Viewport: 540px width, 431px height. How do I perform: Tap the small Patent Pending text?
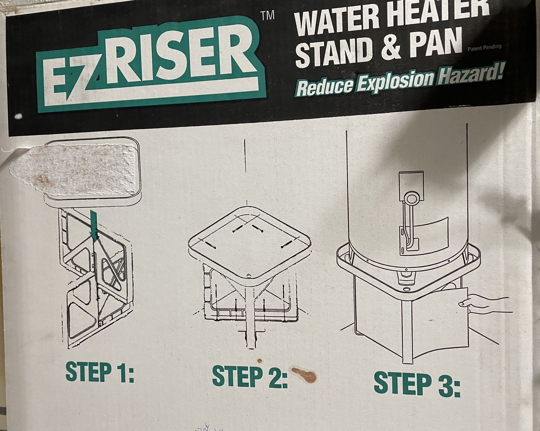484,48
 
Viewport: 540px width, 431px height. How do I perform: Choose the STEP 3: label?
417,384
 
